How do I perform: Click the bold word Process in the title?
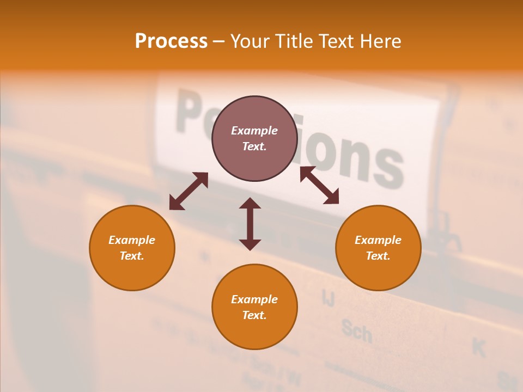tap(171, 41)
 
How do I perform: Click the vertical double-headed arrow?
tap(250, 224)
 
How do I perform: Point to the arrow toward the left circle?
tap(188, 191)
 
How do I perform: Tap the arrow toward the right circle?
tap(319, 185)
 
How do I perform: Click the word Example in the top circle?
tap(254, 131)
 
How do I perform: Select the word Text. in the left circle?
tap(132, 256)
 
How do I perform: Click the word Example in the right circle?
tap(378, 240)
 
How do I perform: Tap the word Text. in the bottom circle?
tap(254, 315)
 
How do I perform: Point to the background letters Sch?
tap(357, 330)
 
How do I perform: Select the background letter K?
tap(479, 347)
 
